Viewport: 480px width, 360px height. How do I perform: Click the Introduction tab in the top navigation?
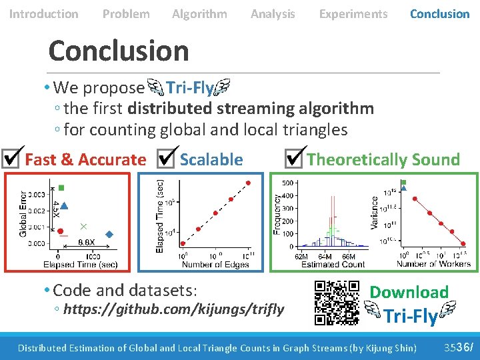43,13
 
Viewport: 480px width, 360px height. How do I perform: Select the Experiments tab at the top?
353,13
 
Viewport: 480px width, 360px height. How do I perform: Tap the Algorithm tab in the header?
199,13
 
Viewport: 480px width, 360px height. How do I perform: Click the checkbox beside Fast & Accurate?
12,158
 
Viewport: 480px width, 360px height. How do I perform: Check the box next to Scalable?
167,158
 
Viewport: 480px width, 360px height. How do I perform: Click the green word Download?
409,292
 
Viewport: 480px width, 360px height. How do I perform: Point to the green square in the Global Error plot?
61,188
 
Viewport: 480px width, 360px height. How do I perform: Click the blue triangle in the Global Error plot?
64,206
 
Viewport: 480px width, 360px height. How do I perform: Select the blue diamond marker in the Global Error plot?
109,234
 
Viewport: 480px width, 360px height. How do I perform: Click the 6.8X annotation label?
85,241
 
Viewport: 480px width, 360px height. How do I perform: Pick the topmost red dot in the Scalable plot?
248,182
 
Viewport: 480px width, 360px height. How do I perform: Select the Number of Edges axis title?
215,264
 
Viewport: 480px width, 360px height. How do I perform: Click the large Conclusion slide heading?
119,51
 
